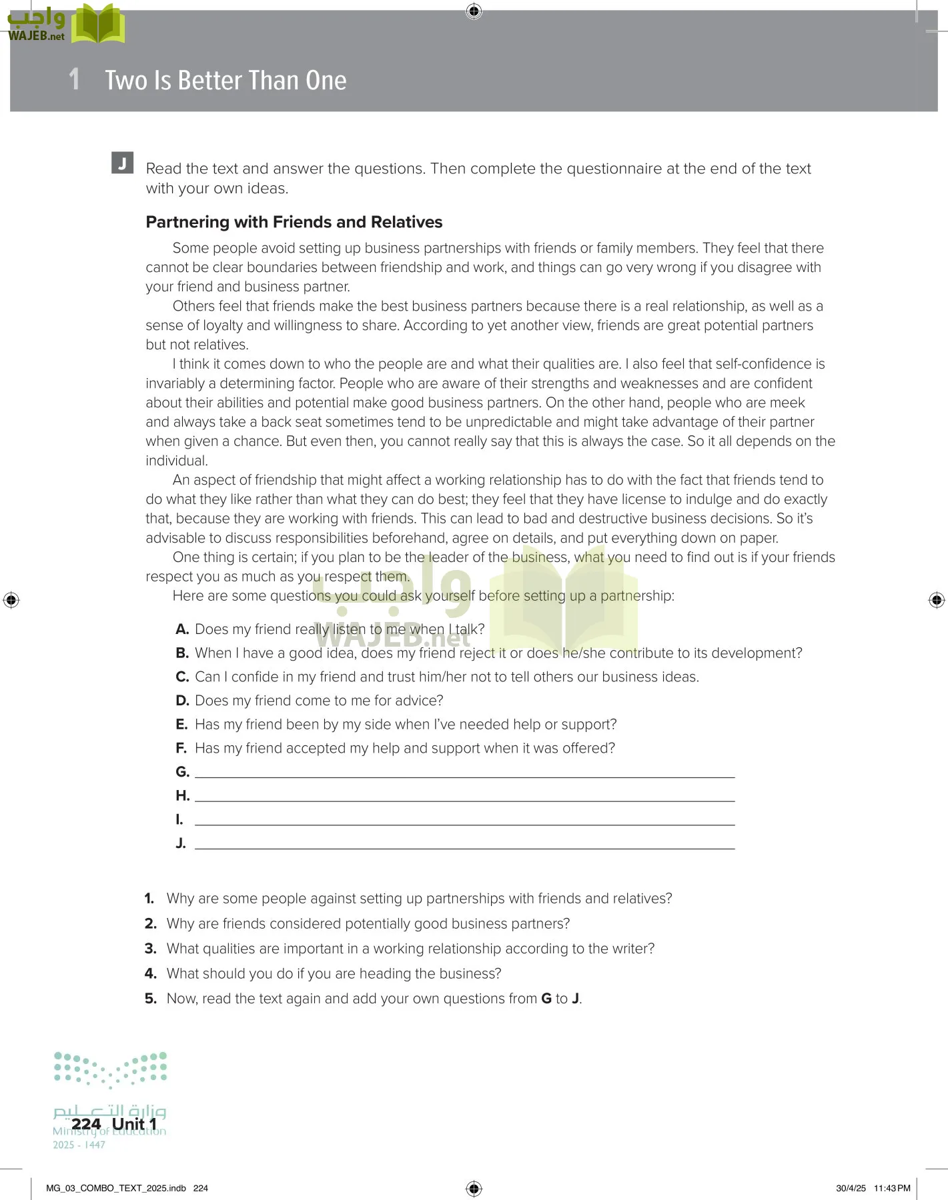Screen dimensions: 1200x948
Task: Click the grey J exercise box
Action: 122,163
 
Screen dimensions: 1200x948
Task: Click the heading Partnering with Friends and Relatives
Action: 294,222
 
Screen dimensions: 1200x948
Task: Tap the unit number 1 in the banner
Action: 75,79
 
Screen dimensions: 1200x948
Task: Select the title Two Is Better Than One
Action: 225,81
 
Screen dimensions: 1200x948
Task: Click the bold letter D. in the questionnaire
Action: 182,701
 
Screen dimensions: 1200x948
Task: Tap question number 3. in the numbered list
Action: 151,949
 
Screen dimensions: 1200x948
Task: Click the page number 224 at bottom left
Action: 86,1124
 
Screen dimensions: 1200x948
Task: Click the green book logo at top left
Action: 98,25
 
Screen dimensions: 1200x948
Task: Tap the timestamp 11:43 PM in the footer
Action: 892,1188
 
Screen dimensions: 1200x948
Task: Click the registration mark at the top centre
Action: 474,11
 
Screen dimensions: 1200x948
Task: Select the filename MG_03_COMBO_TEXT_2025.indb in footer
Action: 116,1188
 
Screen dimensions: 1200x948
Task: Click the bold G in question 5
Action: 546,999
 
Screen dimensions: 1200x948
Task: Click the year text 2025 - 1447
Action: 79,1145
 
